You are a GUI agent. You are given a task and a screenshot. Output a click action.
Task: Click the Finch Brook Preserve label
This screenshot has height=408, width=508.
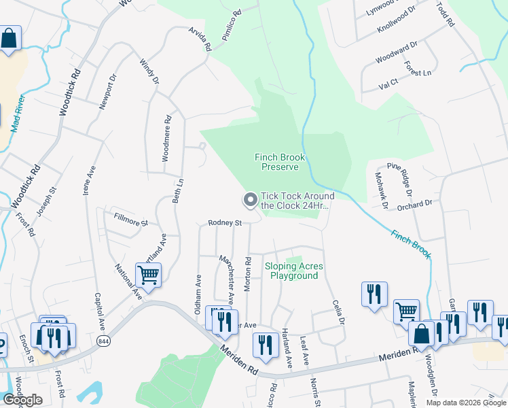280,162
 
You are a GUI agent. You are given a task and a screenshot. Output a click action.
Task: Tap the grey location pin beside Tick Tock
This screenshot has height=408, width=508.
250,200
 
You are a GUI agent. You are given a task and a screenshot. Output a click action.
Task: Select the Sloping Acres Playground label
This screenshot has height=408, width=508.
294,271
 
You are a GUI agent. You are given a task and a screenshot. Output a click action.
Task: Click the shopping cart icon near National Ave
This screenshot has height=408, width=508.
148,275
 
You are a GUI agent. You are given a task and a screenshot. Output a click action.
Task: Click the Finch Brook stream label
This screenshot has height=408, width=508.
410,244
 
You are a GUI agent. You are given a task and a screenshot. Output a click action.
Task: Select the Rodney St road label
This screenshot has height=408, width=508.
225,222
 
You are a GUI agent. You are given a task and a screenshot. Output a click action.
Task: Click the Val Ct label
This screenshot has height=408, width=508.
388,87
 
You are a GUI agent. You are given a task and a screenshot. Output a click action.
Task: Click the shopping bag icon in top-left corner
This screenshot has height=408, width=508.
10,39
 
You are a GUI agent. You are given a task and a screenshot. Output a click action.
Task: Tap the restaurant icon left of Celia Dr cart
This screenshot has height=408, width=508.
374,294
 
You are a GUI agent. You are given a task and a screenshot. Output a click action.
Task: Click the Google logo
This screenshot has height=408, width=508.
22,401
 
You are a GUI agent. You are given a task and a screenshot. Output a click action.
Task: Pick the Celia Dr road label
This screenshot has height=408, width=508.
339,312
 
